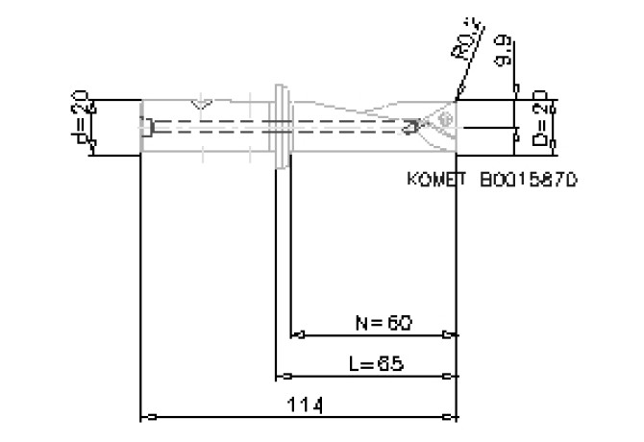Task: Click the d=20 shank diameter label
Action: pos(83,122)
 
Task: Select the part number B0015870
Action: pos(528,180)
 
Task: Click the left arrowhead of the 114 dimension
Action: pos(146,417)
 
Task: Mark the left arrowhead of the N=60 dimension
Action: pos(296,335)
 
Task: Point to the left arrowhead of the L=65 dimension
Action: pos(281,376)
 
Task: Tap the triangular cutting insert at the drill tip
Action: pos(441,124)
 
